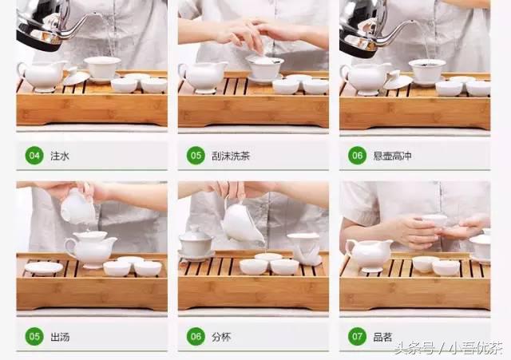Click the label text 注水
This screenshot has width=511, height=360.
click(60, 156)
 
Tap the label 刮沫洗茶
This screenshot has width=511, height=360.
click(230, 156)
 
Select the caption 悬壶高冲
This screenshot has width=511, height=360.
click(391, 156)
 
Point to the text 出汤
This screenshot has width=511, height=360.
click(60, 337)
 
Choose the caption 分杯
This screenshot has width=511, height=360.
click(221, 337)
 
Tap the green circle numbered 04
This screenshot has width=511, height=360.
click(34, 156)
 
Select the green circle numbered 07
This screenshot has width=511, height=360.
click(357, 337)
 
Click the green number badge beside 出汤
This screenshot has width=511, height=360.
click(34, 337)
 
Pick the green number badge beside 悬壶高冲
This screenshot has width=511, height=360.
click(357, 156)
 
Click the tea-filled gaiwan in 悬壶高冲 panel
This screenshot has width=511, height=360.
click(427, 70)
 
